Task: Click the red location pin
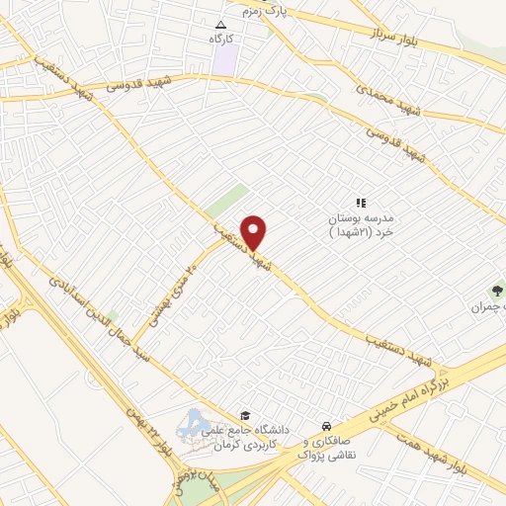click(x=254, y=231)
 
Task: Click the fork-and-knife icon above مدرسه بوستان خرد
click(x=361, y=202)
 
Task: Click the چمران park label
click(x=500, y=307)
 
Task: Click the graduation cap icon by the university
click(x=244, y=415)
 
